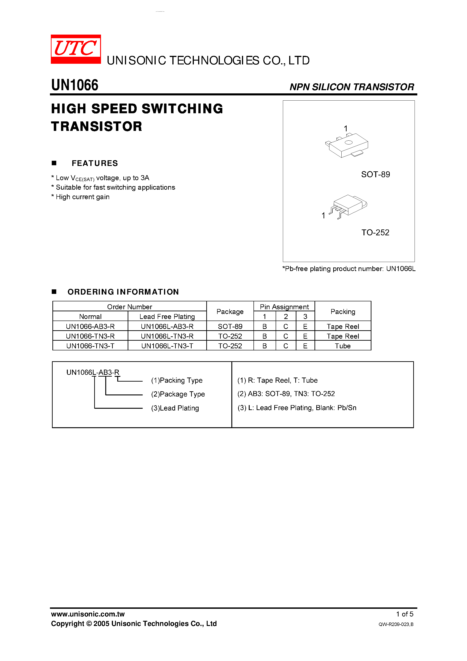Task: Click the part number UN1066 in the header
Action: click(75, 85)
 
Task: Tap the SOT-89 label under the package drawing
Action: click(375, 175)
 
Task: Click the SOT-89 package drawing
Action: click(347, 146)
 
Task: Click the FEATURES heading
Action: click(95, 163)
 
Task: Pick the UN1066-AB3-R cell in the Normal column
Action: click(90, 326)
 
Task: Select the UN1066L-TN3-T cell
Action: click(167, 346)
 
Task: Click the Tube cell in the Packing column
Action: click(343, 346)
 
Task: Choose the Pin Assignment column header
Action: click(284, 307)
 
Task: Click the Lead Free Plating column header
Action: click(167, 317)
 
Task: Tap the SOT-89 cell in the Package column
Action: click(230, 326)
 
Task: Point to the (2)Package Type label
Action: click(178, 394)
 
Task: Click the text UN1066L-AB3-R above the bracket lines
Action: click(93, 373)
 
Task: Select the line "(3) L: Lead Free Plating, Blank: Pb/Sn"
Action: click(297, 408)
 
